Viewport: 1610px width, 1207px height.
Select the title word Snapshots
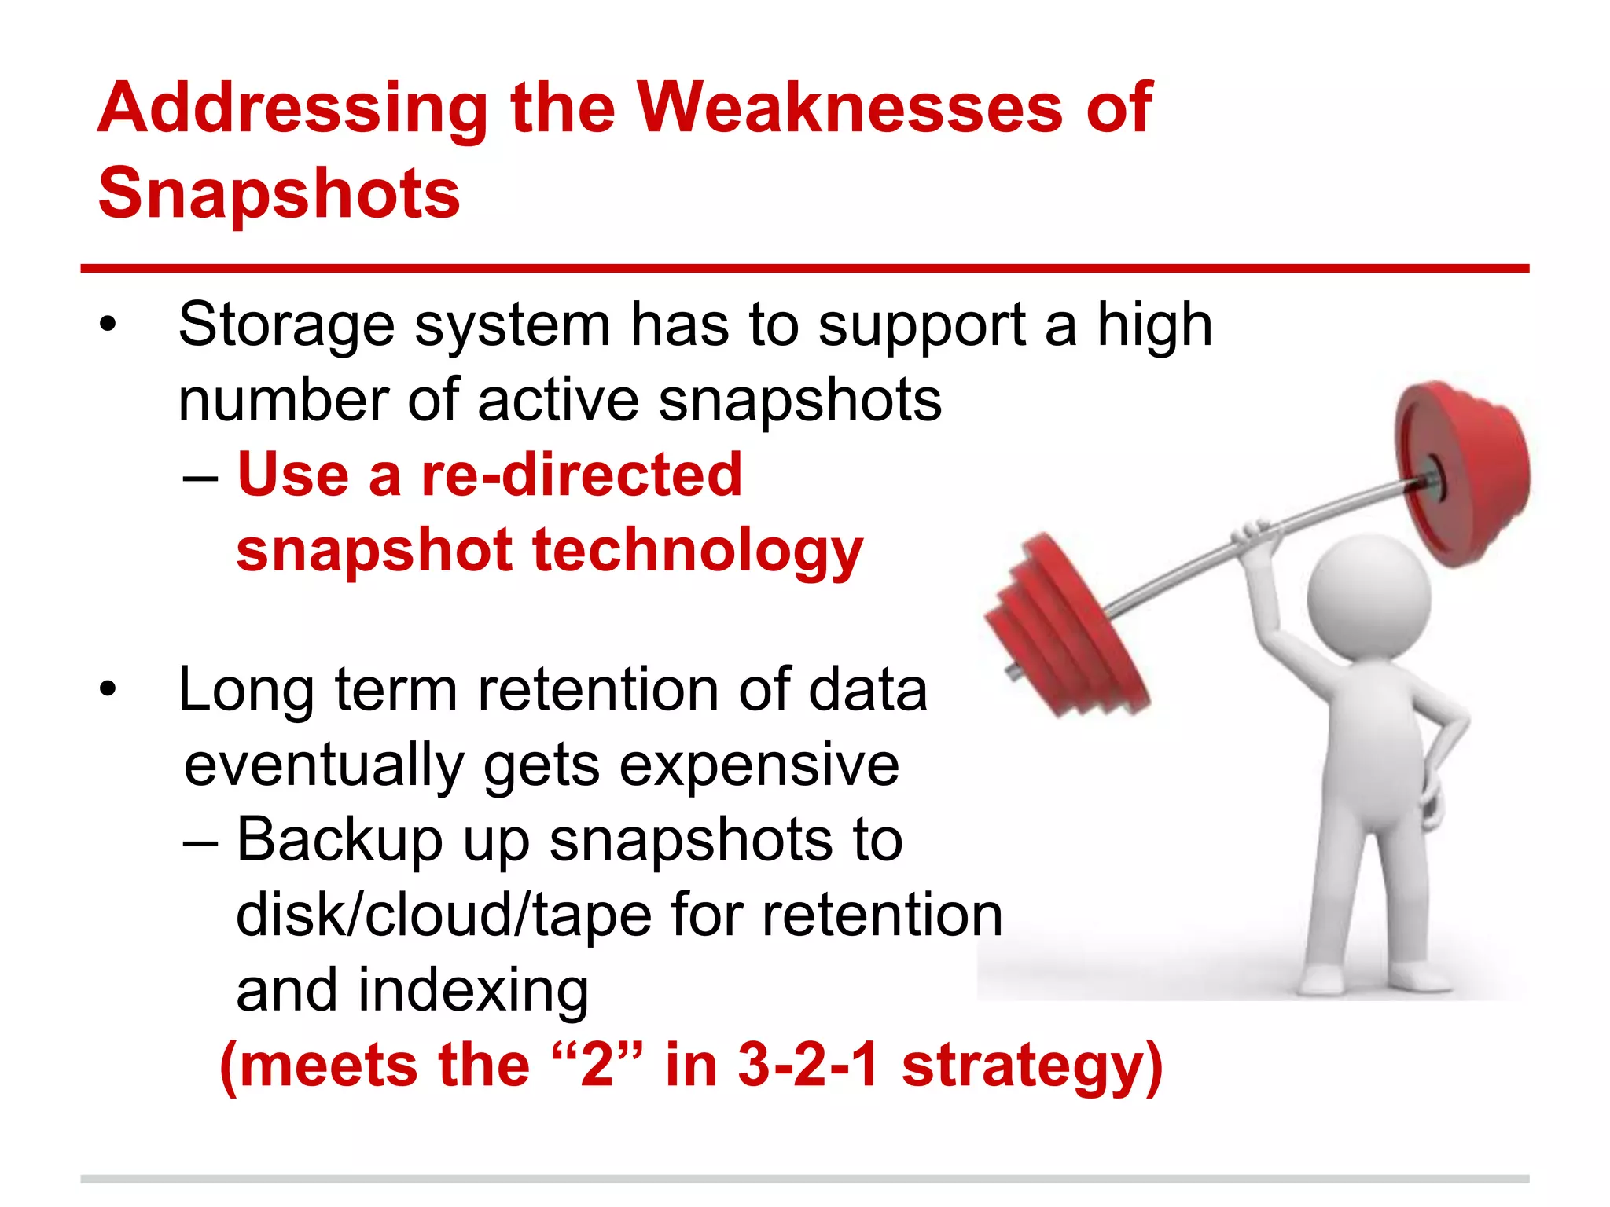pyautogui.click(x=279, y=193)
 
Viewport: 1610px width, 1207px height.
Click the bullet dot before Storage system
pyautogui.click(x=108, y=325)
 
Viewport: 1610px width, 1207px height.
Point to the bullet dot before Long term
pyautogui.click(x=108, y=689)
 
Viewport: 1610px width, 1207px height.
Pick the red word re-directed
pyautogui.click(x=581, y=475)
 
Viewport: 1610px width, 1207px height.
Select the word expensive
pyautogui.click(x=759, y=765)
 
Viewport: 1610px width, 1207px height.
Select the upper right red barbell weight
pyautogui.click(x=1462, y=471)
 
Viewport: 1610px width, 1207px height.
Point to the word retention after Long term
pyautogui.click(x=598, y=689)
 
